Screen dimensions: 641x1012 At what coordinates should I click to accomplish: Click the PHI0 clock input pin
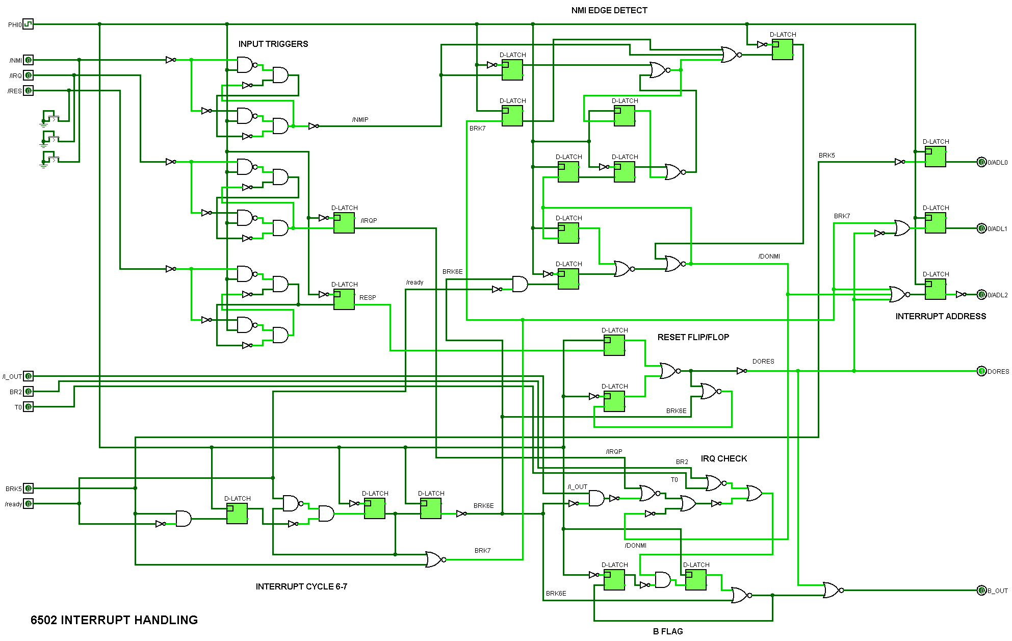(28, 24)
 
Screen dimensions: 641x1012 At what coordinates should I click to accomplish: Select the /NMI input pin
(28, 60)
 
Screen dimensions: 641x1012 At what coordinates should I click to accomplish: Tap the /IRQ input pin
(28, 75)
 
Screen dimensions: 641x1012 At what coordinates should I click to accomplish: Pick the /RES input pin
(28, 91)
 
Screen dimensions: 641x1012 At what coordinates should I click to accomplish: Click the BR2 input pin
(28, 392)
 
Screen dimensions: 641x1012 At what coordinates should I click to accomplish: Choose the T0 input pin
(28, 407)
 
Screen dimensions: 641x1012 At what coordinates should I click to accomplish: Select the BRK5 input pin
(28, 489)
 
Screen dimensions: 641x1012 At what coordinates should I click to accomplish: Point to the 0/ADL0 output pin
(981, 162)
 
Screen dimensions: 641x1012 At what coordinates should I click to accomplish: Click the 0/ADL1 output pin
(981, 228)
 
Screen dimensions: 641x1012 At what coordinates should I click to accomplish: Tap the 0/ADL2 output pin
(981, 295)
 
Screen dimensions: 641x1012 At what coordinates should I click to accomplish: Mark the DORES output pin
(981, 371)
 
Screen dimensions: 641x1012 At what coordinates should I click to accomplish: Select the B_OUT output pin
(981, 591)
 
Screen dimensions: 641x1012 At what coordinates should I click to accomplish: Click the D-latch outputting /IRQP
(344, 223)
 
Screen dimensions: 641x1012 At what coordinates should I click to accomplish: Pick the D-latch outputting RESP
(344, 299)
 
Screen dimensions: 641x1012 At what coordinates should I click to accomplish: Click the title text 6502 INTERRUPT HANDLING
(114, 620)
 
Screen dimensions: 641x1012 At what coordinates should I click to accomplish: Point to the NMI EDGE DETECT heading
(609, 10)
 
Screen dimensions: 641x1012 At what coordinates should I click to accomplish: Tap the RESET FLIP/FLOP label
(693, 337)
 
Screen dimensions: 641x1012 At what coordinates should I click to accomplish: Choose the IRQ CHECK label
(723, 458)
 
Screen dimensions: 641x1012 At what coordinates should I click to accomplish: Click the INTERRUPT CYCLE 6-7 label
(301, 586)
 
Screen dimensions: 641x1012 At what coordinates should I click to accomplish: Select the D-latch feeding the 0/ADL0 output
(936, 157)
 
